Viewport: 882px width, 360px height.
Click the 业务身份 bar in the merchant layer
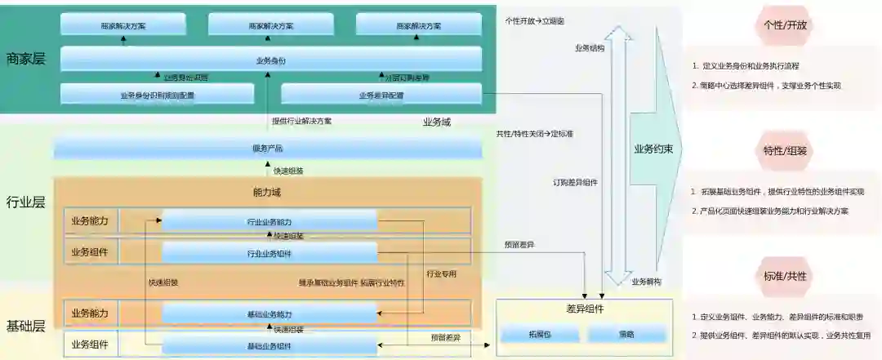click(270, 60)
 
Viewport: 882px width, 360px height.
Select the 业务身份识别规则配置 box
click(157, 95)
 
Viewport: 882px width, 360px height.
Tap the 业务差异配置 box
click(381, 95)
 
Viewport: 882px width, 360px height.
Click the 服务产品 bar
click(267, 148)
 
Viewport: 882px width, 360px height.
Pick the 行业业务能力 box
click(269, 221)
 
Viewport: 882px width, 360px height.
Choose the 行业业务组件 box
click(269, 253)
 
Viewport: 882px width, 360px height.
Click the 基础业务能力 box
click(269, 314)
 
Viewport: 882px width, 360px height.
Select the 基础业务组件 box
click(269, 345)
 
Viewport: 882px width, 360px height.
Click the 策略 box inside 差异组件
click(627, 334)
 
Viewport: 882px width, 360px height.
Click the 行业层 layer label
click(25, 202)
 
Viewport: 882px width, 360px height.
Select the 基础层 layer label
click(25, 327)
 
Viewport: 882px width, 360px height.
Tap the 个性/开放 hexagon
click(785, 25)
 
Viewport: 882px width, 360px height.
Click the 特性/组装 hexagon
click(785, 151)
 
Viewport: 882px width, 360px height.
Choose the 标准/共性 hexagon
click(785, 276)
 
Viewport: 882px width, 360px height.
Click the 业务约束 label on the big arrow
click(653, 149)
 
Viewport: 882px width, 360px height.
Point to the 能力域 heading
click(267, 193)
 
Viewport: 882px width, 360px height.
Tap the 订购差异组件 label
click(575, 183)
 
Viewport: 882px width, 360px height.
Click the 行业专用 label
click(442, 274)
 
